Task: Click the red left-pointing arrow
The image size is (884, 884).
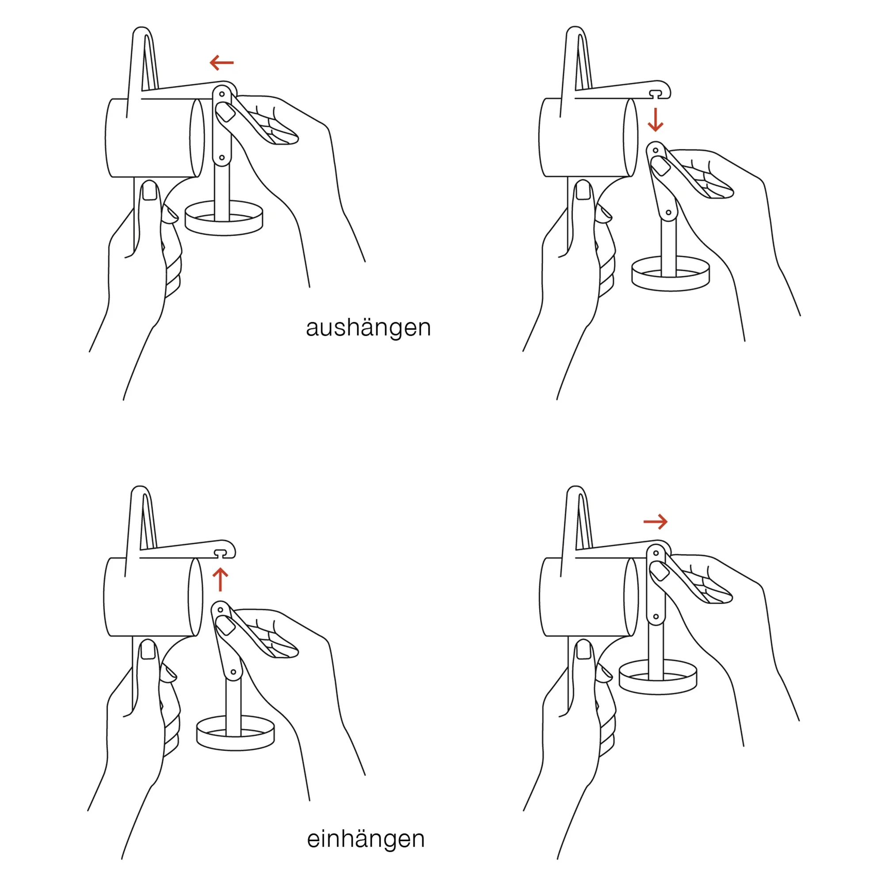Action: tap(221, 63)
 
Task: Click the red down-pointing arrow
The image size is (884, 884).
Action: tap(655, 120)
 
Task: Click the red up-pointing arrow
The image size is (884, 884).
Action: tap(220, 579)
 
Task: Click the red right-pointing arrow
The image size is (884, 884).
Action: tap(655, 521)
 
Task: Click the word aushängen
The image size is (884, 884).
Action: tap(368, 328)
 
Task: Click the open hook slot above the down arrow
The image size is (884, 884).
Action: tap(655, 94)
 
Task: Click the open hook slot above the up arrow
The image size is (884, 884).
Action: tap(220, 553)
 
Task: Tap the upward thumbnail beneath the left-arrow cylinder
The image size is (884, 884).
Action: tap(150, 190)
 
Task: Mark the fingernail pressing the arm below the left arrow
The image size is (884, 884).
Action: tap(225, 112)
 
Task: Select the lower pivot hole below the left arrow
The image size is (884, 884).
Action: tap(222, 157)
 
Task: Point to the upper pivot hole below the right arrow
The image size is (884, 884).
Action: tap(655, 553)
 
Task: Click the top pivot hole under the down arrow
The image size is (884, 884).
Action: tap(655, 150)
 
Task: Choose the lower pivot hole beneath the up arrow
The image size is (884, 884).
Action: tap(233, 672)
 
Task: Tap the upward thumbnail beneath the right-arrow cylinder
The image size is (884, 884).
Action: tap(583, 649)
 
